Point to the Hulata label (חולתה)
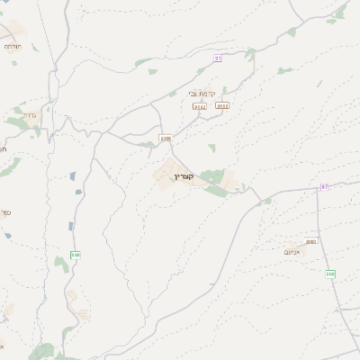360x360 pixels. [x=12, y=46]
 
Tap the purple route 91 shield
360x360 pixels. [x=218, y=58]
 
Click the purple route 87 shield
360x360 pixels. [x=324, y=186]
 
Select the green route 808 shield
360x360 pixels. [x=330, y=274]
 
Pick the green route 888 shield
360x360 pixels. [x=76, y=255]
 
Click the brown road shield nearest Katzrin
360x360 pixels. [x=165, y=138]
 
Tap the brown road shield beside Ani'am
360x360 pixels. [x=311, y=241]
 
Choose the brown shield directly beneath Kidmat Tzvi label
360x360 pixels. [x=200, y=106]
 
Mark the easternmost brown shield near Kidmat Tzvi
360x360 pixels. [x=222, y=105]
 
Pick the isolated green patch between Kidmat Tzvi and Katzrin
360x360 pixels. [x=211, y=147]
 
